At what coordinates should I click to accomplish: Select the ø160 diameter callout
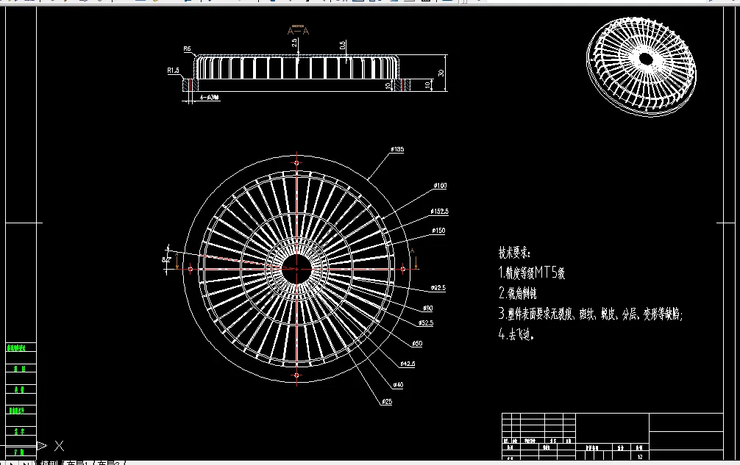click(x=440, y=186)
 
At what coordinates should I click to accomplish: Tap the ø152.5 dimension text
click(x=440, y=212)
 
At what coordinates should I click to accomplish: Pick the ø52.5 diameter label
click(x=426, y=323)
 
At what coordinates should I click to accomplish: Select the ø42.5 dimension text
click(x=408, y=364)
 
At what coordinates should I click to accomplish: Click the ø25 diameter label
click(x=386, y=401)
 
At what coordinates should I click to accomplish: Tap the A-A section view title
click(x=298, y=31)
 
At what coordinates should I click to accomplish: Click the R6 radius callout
click(x=187, y=49)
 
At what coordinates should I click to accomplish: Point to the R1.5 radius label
click(x=174, y=71)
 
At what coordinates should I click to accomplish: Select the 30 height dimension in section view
click(x=441, y=73)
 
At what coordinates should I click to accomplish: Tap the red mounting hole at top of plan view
click(x=296, y=163)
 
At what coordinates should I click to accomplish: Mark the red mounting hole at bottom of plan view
click(x=296, y=375)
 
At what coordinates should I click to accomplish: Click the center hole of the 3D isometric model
click(x=646, y=57)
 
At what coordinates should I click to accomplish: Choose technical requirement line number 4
click(x=516, y=334)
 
